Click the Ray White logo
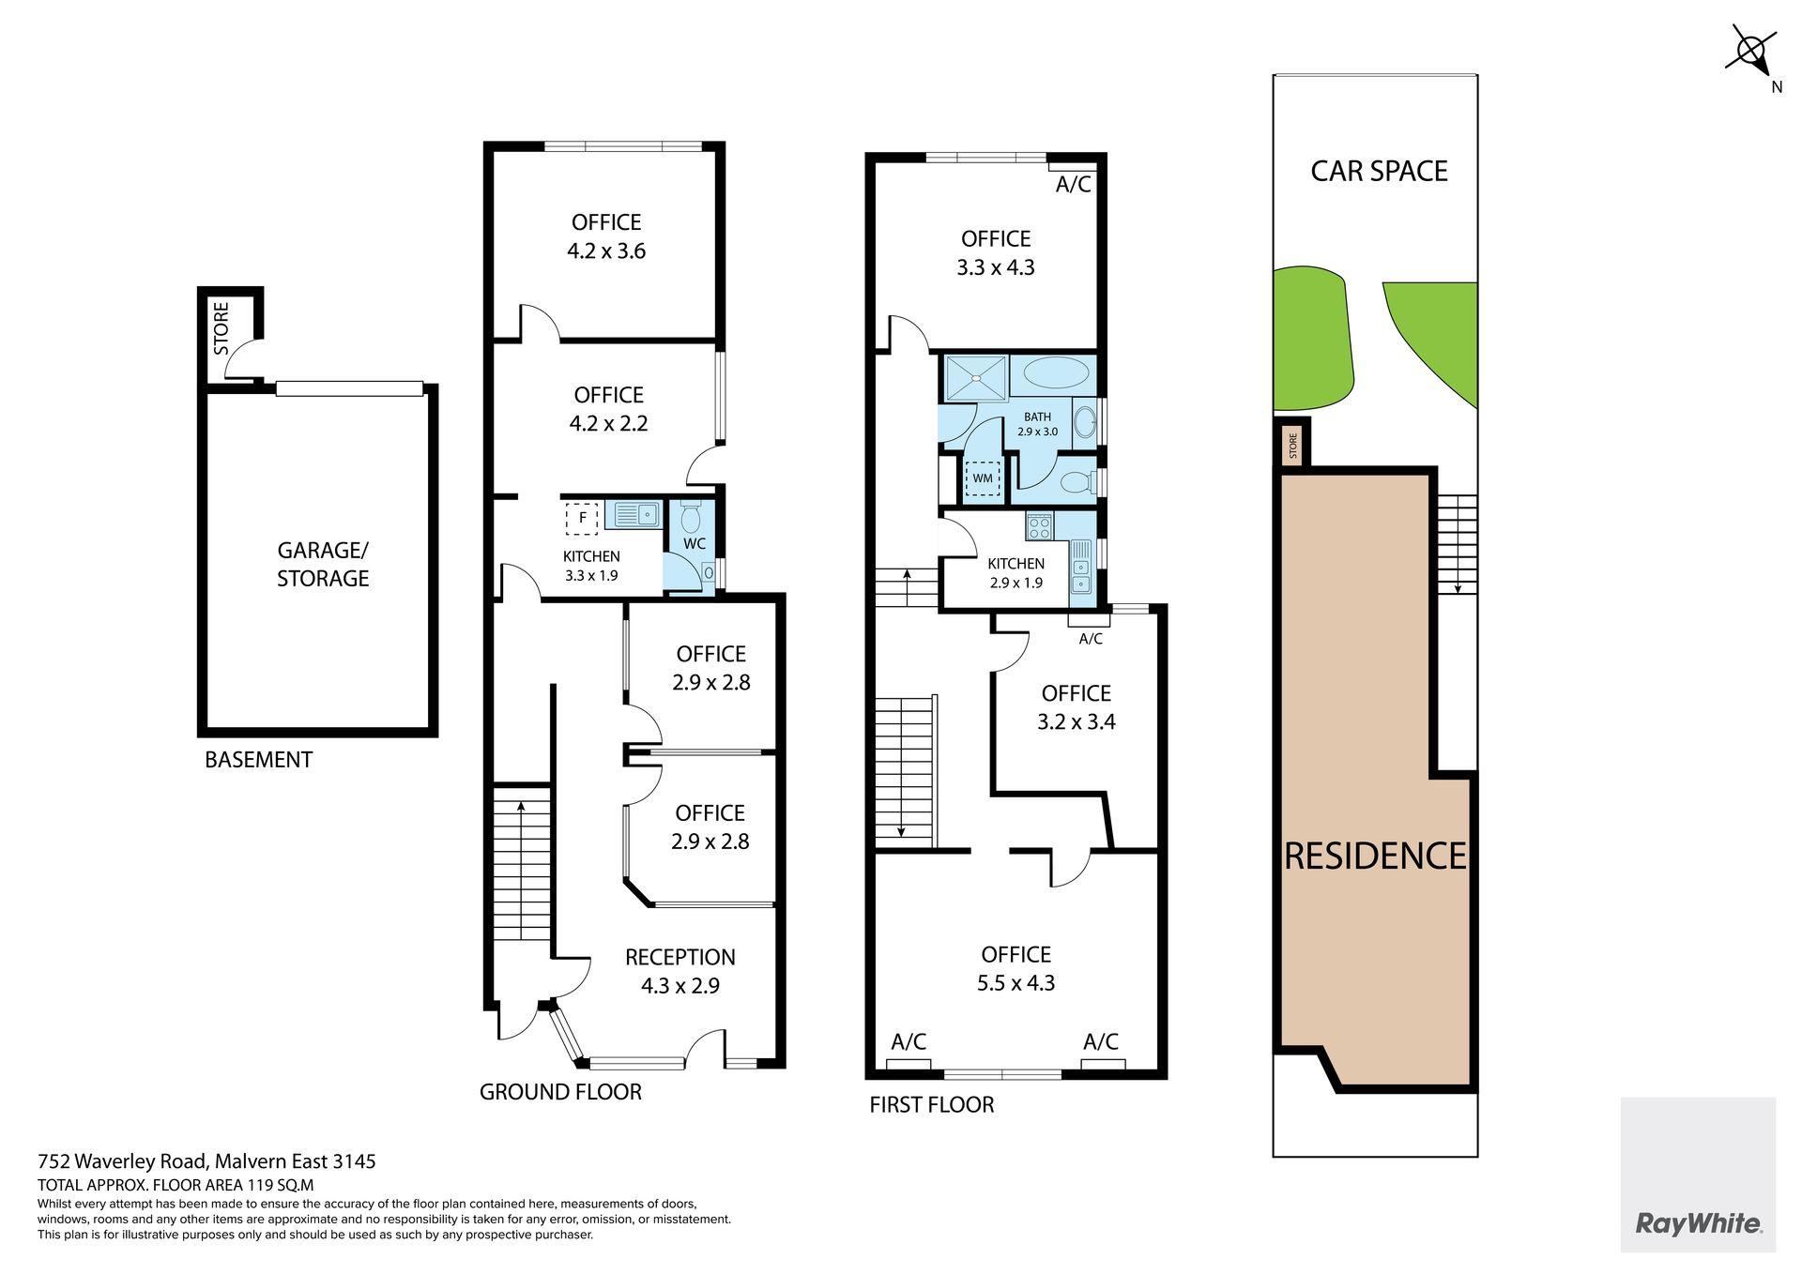click(x=1698, y=1222)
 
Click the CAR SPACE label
click(x=1379, y=171)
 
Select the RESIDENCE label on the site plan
click(x=1375, y=856)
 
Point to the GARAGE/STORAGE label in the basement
click(x=323, y=564)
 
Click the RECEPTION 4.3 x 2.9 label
click(x=680, y=971)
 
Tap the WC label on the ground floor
click(x=695, y=543)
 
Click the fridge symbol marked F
click(x=582, y=518)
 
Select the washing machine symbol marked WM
click(x=983, y=478)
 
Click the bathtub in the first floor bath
click(x=1056, y=373)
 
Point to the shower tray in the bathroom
click(x=976, y=377)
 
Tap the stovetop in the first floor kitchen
click(x=1040, y=526)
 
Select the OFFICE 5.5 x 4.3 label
click(x=1016, y=968)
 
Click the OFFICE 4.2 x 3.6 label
click(x=606, y=236)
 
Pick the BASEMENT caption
click(x=258, y=760)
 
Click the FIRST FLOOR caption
click(x=931, y=1104)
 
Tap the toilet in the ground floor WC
click(x=691, y=518)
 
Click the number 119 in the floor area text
click(x=259, y=1185)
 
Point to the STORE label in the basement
click(x=221, y=328)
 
